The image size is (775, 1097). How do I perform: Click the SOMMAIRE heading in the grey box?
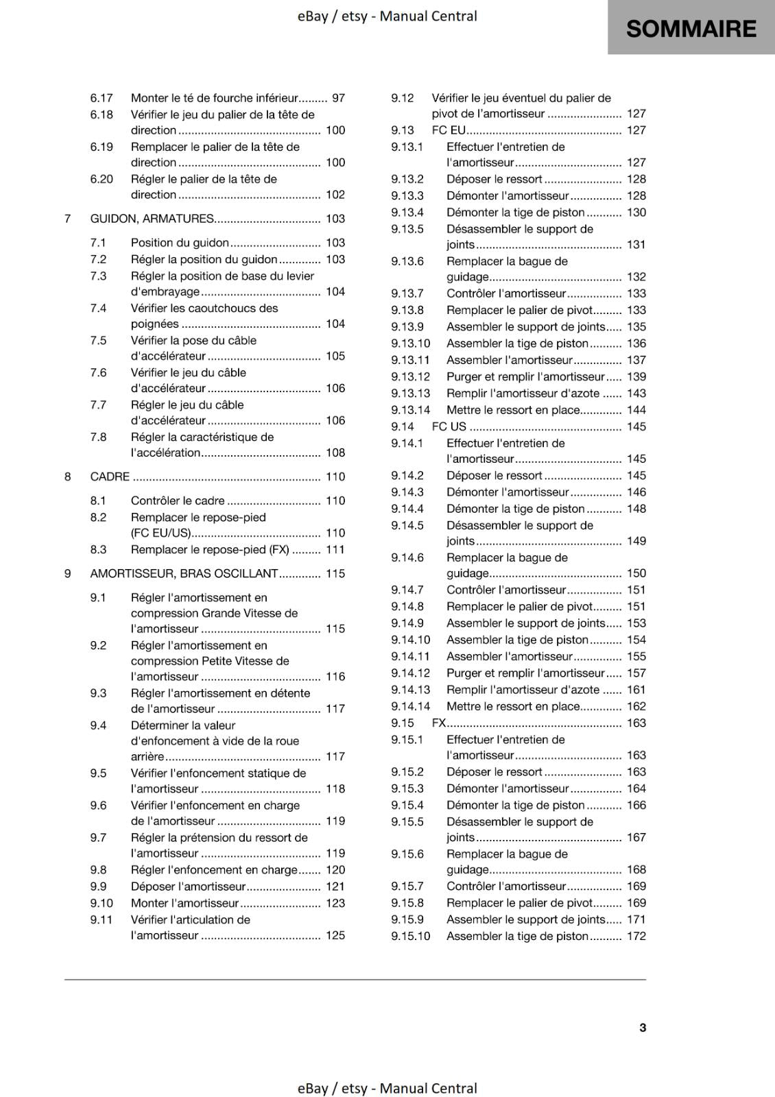(x=691, y=29)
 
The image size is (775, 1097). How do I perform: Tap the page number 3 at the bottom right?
(x=643, y=1027)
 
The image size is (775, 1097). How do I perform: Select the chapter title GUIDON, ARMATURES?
(x=152, y=219)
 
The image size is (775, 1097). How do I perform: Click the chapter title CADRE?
(x=110, y=477)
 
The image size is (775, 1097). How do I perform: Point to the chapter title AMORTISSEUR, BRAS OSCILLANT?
(x=184, y=573)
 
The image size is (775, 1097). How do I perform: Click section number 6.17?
(x=102, y=98)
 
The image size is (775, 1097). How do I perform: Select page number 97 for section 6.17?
(x=338, y=98)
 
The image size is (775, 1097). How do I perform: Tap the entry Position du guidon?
(x=180, y=243)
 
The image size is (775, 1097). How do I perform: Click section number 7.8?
(x=98, y=437)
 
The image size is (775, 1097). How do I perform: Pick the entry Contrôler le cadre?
(x=178, y=501)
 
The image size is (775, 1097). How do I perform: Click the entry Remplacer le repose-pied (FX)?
(x=210, y=549)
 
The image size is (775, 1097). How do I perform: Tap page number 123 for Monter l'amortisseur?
(x=335, y=903)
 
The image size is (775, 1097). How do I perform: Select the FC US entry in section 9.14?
(x=449, y=426)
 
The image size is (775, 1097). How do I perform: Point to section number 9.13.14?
(x=410, y=410)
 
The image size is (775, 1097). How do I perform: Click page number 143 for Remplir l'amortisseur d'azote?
(x=636, y=394)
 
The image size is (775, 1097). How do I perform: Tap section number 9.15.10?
(x=410, y=936)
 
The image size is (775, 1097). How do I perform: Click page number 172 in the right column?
(x=636, y=936)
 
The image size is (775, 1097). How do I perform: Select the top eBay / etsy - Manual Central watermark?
(x=387, y=16)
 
